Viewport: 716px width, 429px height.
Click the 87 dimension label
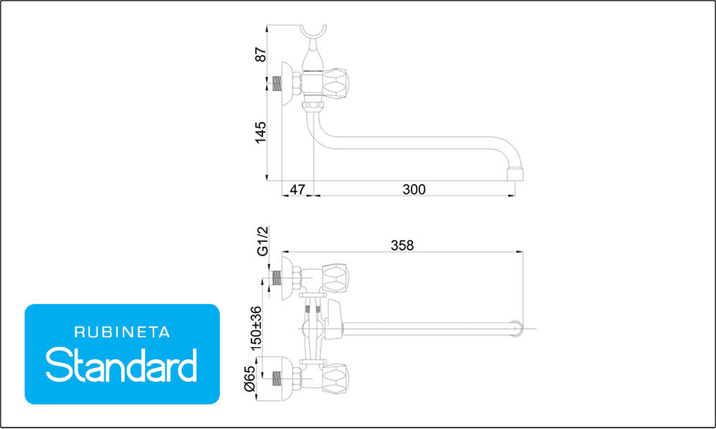[x=260, y=54]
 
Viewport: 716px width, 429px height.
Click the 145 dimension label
[x=260, y=132]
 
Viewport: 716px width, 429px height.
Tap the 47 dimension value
[x=297, y=189]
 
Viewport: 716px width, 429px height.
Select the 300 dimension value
[x=414, y=189]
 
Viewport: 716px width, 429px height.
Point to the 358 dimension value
[x=402, y=246]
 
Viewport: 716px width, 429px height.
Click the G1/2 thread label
[x=263, y=241]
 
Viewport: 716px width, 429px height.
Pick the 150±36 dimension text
[x=257, y=328]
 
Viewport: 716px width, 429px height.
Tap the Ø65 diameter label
[x=249, y=379]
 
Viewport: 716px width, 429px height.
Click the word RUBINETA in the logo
[x=122, y=332]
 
